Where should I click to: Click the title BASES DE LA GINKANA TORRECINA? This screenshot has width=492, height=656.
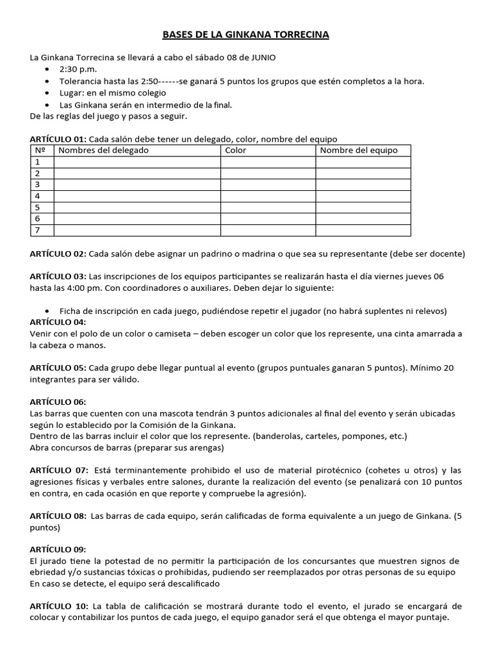(x=246, y=35)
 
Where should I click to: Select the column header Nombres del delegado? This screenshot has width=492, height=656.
(x=103, y=151)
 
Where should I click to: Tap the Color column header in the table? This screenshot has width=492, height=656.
(x=235, y=151)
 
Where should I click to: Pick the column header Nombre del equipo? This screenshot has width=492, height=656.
(x=358, y=151)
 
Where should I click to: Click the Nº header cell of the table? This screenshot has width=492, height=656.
(x=40, y=151)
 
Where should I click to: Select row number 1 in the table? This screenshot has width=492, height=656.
(x=38, y=162)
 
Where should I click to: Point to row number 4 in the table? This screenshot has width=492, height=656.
(x=38, y=196)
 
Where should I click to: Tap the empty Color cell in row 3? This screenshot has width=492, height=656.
(x=268, y=184)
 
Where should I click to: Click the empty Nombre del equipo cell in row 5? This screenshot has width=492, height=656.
(x=363, y=208)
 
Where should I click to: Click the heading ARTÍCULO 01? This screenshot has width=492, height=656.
(x=58, y=139)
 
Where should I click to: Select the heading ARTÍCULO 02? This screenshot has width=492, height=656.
(x=58, y=254)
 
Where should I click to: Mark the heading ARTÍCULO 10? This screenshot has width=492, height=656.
(x=59, y=607)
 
